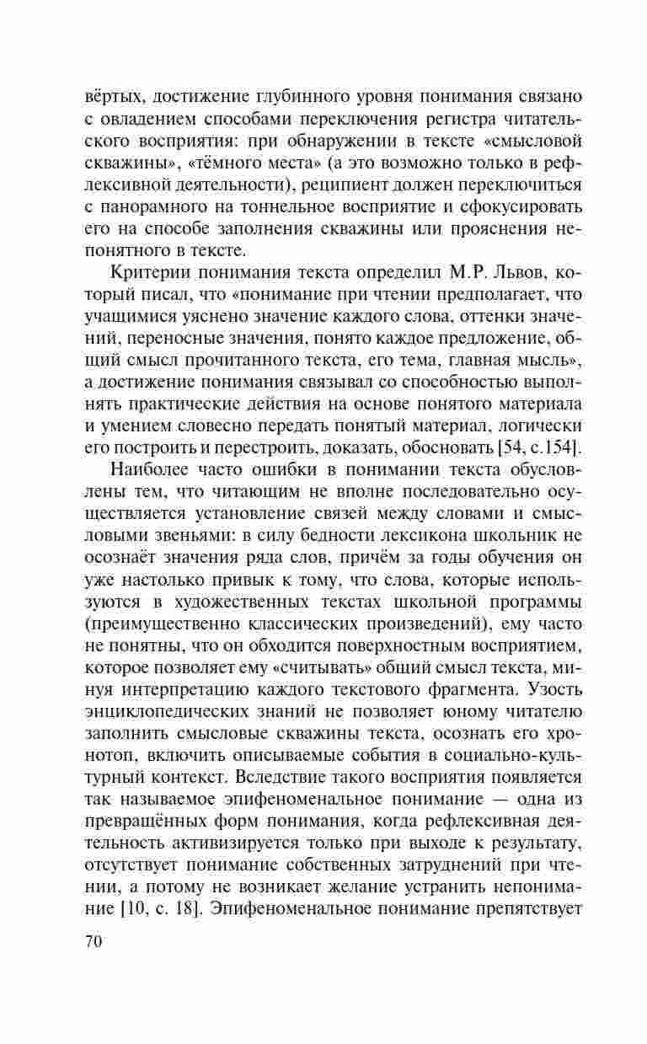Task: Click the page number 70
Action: pos(94,942)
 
